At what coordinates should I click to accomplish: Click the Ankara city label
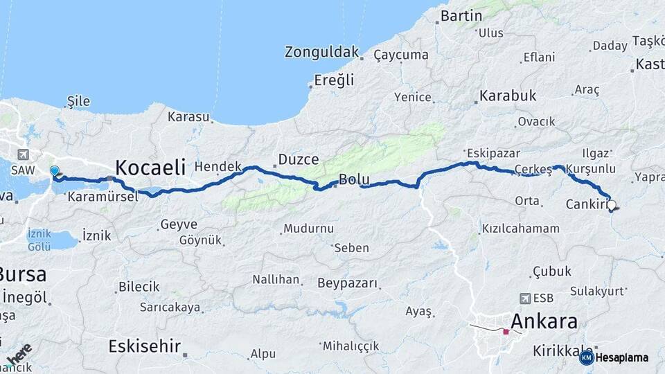(544, 321)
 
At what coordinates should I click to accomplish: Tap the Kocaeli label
(150, 167)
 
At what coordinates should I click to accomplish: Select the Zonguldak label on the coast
(322, 52)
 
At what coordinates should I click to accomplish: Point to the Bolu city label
(354, 180)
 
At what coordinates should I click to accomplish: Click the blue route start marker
(54, 170)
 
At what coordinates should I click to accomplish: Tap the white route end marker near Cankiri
(612, 205)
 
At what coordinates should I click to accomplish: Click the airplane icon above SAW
(25, 154)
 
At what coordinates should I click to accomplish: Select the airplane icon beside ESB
(524, 299)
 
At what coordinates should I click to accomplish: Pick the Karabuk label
(508, 96)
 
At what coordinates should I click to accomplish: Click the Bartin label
(461, 15)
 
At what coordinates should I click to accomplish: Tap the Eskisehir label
(144, 346)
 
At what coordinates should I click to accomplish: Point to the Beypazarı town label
(348, 283)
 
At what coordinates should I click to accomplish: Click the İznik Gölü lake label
(39, 240)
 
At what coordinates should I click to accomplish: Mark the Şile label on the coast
(78, 102)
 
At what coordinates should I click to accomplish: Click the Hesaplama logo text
(621, 358)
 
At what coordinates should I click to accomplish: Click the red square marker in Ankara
(506, 332)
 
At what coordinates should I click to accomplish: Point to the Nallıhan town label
(276, 280)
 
